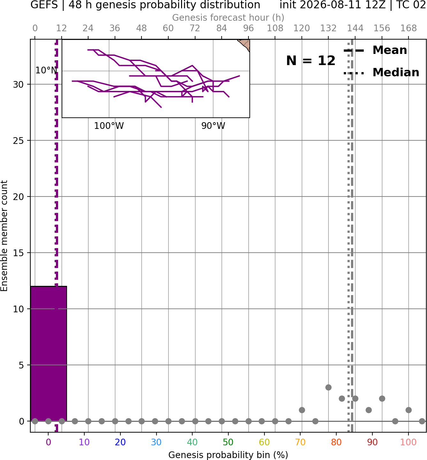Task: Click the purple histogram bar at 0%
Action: (49, 353)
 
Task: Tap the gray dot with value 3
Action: (328, 387)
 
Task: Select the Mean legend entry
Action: (375, 50)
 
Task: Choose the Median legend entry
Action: (381, 72)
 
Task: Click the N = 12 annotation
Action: (311, 61)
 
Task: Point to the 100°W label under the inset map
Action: (109, 126)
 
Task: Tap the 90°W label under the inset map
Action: (213, 126)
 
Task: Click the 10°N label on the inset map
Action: (46, 70)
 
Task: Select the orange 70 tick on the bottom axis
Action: (300, 442)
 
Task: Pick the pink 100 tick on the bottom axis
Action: (408, 442)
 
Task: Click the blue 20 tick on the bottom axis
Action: (120, 442)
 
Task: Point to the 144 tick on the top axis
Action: (355, 28)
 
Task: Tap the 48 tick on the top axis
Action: (141, 28)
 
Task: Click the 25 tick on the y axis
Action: (18, 141)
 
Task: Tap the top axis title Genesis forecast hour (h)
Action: (228, 18)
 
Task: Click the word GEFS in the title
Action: (44, 5)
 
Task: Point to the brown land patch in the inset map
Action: (245, 44)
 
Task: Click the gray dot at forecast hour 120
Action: (302, 410)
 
